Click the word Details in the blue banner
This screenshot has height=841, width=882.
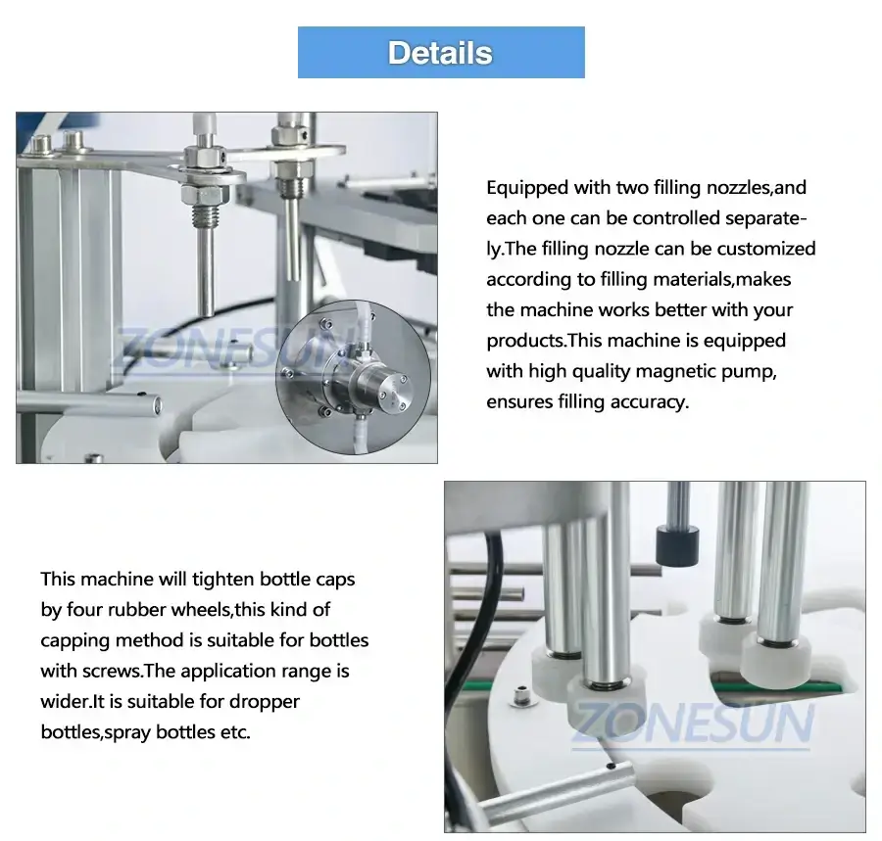(x=440, y=53)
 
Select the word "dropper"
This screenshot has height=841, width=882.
(x=265, y=701)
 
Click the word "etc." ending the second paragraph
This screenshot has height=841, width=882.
(x=234, y=732)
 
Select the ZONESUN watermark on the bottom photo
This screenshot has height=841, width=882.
(x=692, y=723)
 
